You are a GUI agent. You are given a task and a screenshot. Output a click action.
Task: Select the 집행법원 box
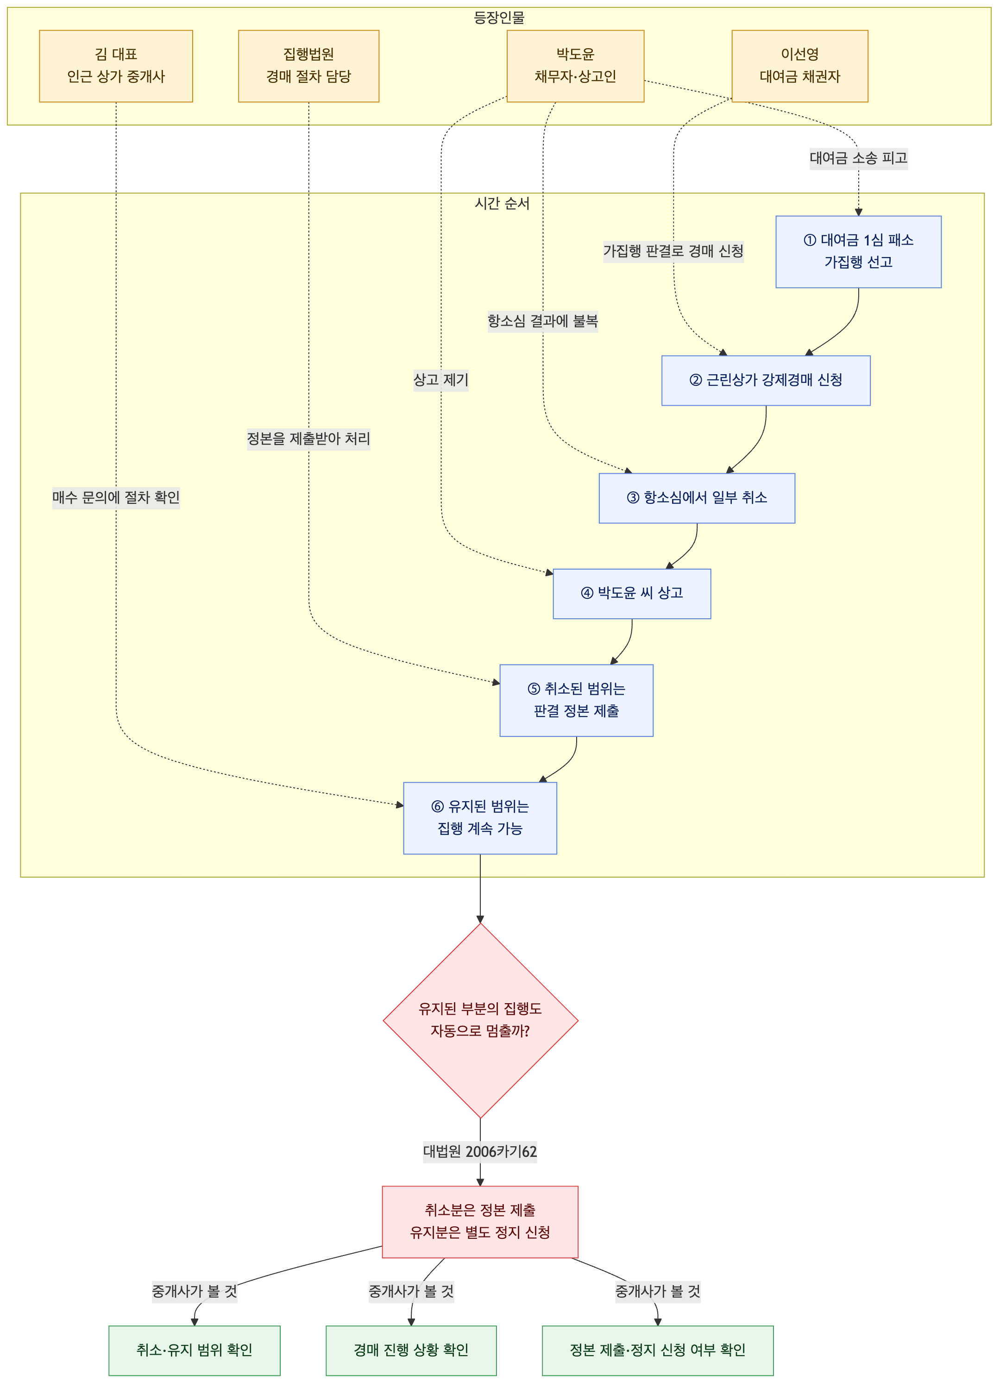point(308,66)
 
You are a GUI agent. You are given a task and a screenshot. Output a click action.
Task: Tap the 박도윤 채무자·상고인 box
point(575,66)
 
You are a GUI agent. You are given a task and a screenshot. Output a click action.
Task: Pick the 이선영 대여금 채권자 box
point(799,66)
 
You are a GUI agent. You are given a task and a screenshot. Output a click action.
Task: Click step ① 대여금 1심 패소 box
point(859,251)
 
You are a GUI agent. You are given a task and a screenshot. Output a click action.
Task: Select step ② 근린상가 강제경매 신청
point(766,381)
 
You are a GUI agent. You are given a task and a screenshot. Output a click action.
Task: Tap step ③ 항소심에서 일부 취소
point(697,498)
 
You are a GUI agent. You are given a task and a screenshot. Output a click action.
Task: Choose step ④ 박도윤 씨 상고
point(632,594)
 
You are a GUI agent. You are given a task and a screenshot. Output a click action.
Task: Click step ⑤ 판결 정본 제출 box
point(577,700)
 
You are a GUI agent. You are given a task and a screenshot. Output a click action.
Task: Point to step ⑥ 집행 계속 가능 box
point(480,818)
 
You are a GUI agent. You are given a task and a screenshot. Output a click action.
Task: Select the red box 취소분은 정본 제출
point(480,1222)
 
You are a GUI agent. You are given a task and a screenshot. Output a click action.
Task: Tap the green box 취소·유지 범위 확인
point(194,1350)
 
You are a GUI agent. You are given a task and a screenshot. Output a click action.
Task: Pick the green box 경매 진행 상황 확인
point(411,1350)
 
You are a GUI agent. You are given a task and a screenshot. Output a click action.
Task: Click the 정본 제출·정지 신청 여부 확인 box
point(658,1350)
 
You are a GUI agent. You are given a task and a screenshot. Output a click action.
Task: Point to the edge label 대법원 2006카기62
point(480,1152)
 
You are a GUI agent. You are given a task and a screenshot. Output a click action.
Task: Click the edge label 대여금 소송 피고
point(859,158)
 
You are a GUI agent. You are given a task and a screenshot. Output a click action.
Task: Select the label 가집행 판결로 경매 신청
point(673,251)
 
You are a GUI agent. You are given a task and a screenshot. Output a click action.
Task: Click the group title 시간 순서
point(502,203)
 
